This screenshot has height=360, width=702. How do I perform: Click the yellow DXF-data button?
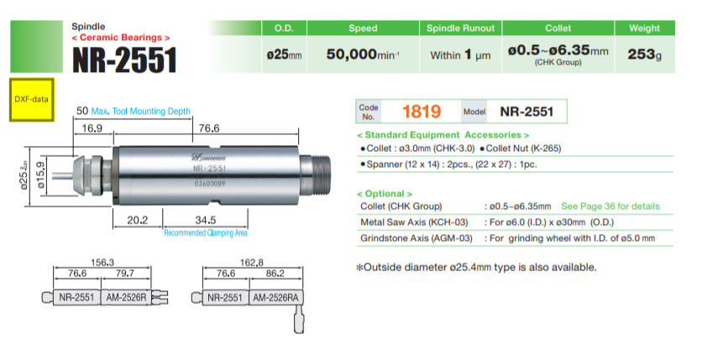click(31, 100)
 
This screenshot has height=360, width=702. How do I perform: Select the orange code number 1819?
click(422, 112)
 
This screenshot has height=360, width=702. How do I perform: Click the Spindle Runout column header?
click(460, 29)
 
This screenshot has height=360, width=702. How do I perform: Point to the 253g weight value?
click(644, 55)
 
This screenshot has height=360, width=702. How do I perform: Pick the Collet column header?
click(558, 29)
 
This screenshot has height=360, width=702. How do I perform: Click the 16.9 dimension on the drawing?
click(92, 128)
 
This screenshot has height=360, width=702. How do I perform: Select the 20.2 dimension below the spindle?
click(137, 220)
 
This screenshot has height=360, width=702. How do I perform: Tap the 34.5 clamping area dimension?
click(206, 220)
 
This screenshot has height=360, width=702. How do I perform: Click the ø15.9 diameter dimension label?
click(40, 175)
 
